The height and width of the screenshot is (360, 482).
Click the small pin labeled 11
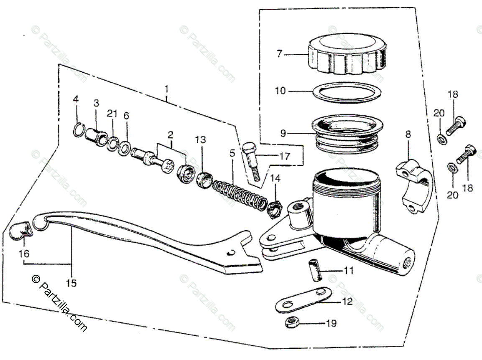pos(313,271)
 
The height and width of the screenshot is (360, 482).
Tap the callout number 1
pos(166,89)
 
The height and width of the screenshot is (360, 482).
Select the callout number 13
pos(200,139)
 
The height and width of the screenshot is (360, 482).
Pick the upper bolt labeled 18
pos(456,124)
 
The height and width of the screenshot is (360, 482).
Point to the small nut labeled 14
pos(274,206)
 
